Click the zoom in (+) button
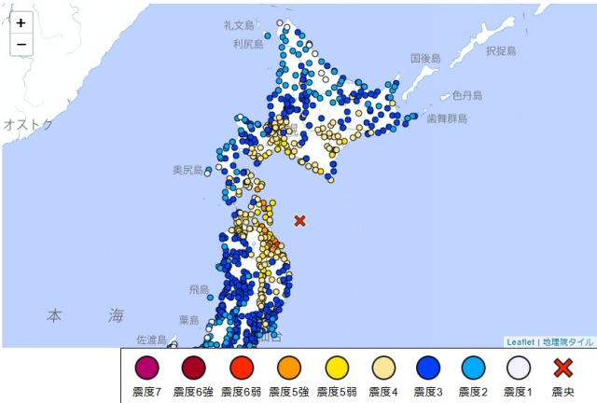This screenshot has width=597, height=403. point(21,23)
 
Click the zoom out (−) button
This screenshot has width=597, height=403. point(21,44)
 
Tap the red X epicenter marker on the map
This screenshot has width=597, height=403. point(299,221)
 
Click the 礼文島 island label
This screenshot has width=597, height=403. point(239,25)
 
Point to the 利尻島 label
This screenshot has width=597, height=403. point(248,44)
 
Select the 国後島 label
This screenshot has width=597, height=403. point(424,58)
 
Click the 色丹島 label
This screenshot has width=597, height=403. point(467,95)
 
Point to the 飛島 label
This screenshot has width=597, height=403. point(199,290)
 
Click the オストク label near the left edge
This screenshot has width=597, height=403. point(27,124)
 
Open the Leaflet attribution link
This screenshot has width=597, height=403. point(521,341)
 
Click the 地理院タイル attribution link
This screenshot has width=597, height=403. point(568,341)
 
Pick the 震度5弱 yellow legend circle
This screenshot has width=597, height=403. point(336,368)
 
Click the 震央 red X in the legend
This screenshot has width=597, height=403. point(563,368)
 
